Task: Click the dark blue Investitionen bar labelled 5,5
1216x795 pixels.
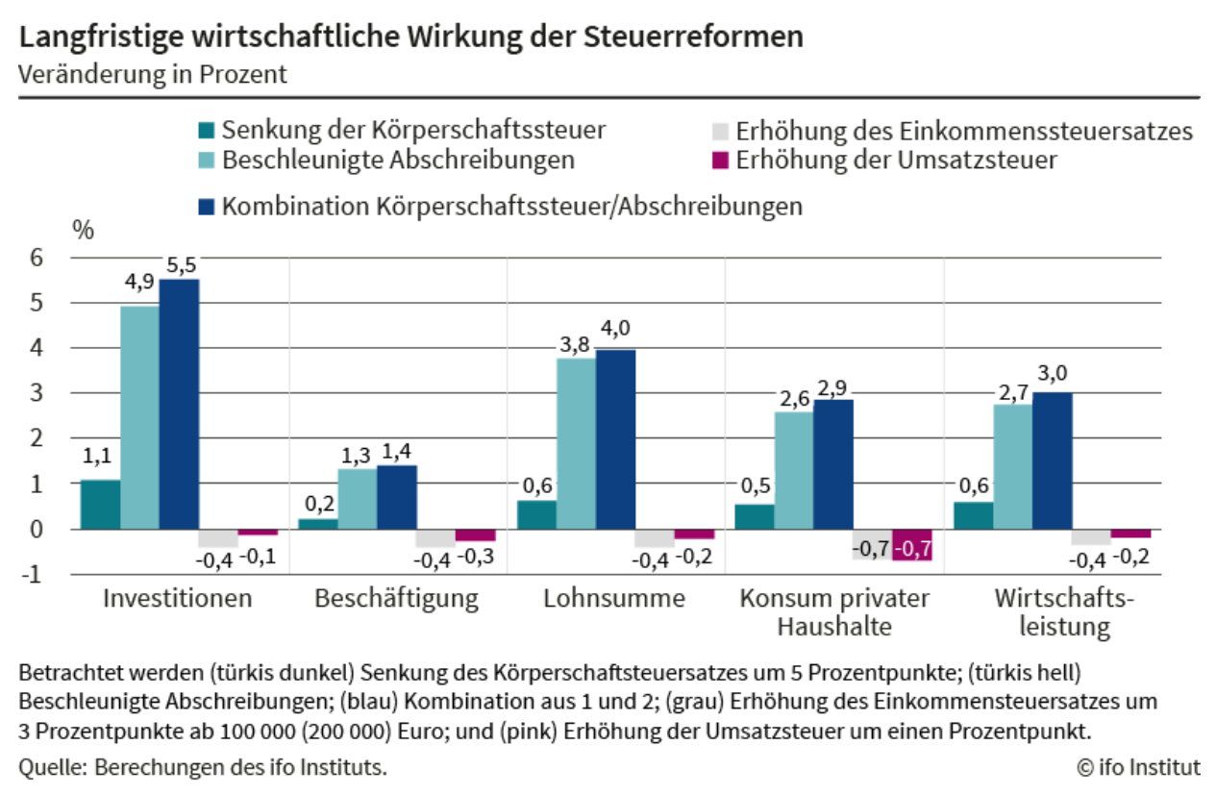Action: click(179, 404)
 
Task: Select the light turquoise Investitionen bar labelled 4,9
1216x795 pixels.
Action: click(140, 417)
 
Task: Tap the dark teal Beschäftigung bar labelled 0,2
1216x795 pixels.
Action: click(318, 524)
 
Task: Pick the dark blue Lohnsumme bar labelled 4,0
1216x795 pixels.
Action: click(615, 439)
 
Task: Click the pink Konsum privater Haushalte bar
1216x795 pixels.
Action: click(912, 545)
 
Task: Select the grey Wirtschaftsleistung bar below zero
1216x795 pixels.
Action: click(1091, 537)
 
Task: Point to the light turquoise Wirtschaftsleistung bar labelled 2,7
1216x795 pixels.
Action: click(1013, 467)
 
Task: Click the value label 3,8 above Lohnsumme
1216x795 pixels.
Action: click(574, 345)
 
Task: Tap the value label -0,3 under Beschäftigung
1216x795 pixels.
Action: click(476, 557)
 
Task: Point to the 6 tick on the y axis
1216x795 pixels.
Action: click(37, 258)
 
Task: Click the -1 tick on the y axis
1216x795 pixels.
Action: click(32, 575)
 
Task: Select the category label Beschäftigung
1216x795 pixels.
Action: click(397, 599)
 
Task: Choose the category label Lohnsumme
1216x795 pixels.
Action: click(614, 598)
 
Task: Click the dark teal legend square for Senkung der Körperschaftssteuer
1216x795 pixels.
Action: click(207, 131)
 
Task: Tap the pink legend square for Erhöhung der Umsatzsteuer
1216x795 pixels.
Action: click(720, 161)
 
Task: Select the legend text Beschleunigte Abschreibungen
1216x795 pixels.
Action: click(399, 161)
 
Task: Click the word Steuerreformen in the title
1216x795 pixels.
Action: click(694, 37)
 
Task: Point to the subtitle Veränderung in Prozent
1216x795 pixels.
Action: click(153, 74)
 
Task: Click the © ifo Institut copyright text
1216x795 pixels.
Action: click(1138, 767)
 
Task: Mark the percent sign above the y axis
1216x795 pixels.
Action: click(83, 231)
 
